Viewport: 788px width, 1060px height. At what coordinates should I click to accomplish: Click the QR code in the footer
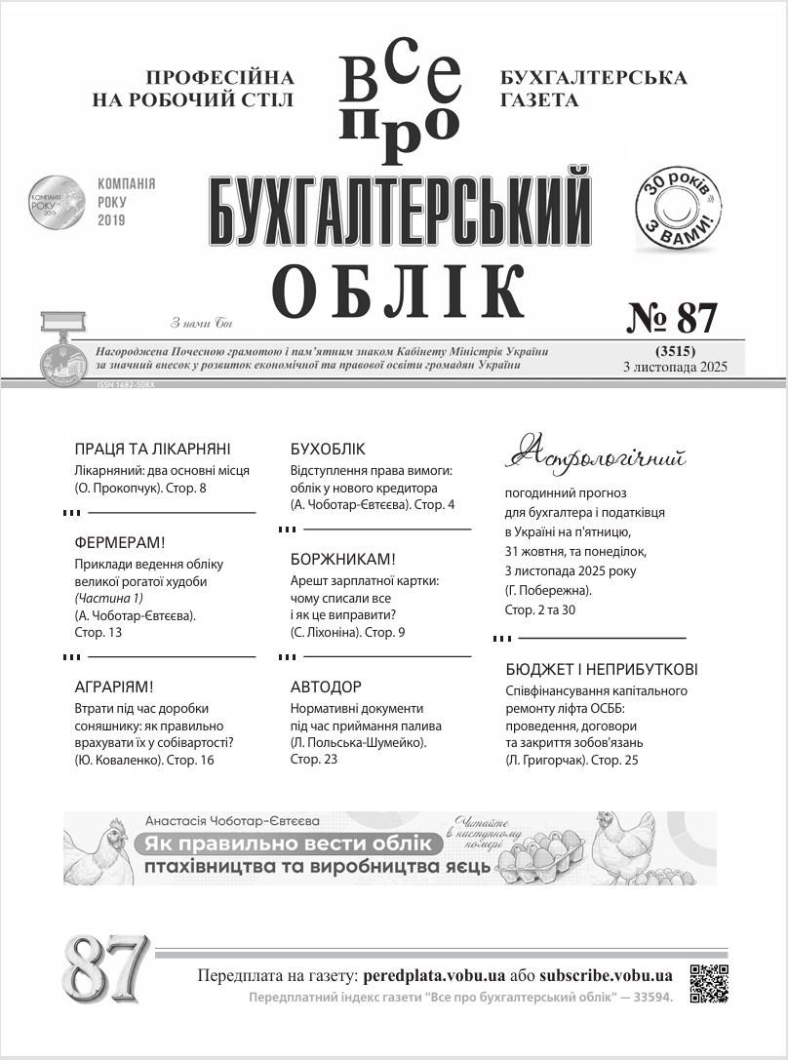[x=709, y=983]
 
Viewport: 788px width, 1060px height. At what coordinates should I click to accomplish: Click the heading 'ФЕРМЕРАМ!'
[x=120, y=543]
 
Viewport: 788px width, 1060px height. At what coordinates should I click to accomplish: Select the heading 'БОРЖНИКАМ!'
[x=343, y=560]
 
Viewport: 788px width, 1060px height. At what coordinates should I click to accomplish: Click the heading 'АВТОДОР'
[x=326, y=687]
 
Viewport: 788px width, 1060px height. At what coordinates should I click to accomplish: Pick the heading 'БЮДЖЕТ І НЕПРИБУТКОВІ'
[x=602, y=670]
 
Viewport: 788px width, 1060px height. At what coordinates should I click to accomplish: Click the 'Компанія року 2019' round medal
[x=57, y=204]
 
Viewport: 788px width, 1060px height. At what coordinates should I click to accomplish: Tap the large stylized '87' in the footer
[x=106, y=968]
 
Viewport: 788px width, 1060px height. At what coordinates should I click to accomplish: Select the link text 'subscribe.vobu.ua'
[x=606, y=975]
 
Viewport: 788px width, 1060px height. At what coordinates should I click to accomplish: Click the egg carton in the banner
[x=538, y=858]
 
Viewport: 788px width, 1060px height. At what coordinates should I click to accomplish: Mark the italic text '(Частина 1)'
[x=109, y=598]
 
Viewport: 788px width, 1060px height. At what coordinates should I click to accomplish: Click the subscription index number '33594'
[x=648, y=998]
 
